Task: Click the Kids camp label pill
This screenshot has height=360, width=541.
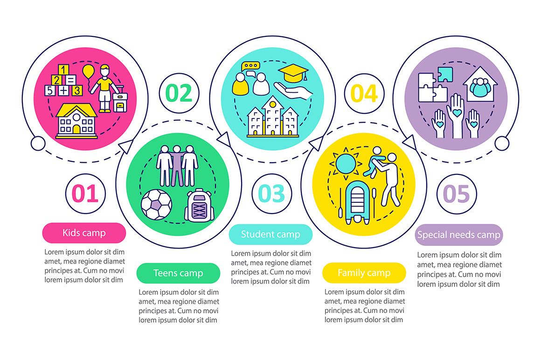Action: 84,233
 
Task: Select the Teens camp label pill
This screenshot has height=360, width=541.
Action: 178,273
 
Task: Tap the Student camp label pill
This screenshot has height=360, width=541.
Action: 270,235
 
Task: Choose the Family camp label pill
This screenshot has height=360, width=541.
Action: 364,273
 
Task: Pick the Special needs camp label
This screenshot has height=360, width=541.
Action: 458,235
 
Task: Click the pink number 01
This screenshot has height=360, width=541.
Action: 85,194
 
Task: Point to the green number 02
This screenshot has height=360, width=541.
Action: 179,93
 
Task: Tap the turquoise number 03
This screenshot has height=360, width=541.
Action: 271,194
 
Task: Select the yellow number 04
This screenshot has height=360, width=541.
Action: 364,93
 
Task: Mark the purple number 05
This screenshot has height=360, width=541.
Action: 456,194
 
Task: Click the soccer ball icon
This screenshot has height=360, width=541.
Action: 156,205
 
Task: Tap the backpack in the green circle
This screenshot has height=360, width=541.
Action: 200,205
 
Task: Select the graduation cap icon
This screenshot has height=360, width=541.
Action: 293,73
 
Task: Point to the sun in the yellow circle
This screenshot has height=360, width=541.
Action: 346,164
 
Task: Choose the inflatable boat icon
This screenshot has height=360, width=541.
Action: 357,202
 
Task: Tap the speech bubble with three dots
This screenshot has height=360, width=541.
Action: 251,66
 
